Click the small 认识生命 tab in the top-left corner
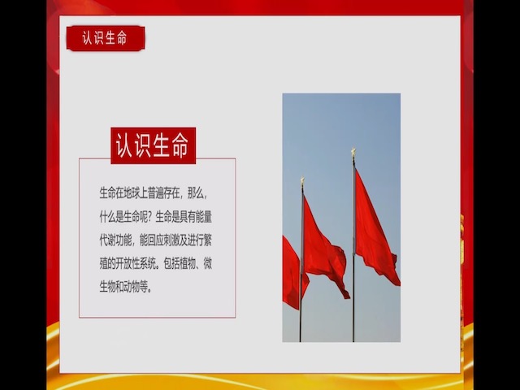coord(105,37)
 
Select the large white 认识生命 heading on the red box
coord(153,145)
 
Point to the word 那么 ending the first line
coord(196,193)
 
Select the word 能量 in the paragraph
coord(202,217)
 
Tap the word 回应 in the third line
coord(152,240)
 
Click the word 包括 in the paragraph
coord(171,264)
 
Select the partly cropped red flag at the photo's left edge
coord(291,272)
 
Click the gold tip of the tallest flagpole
coord(353,152)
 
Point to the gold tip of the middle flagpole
coord(301,180)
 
